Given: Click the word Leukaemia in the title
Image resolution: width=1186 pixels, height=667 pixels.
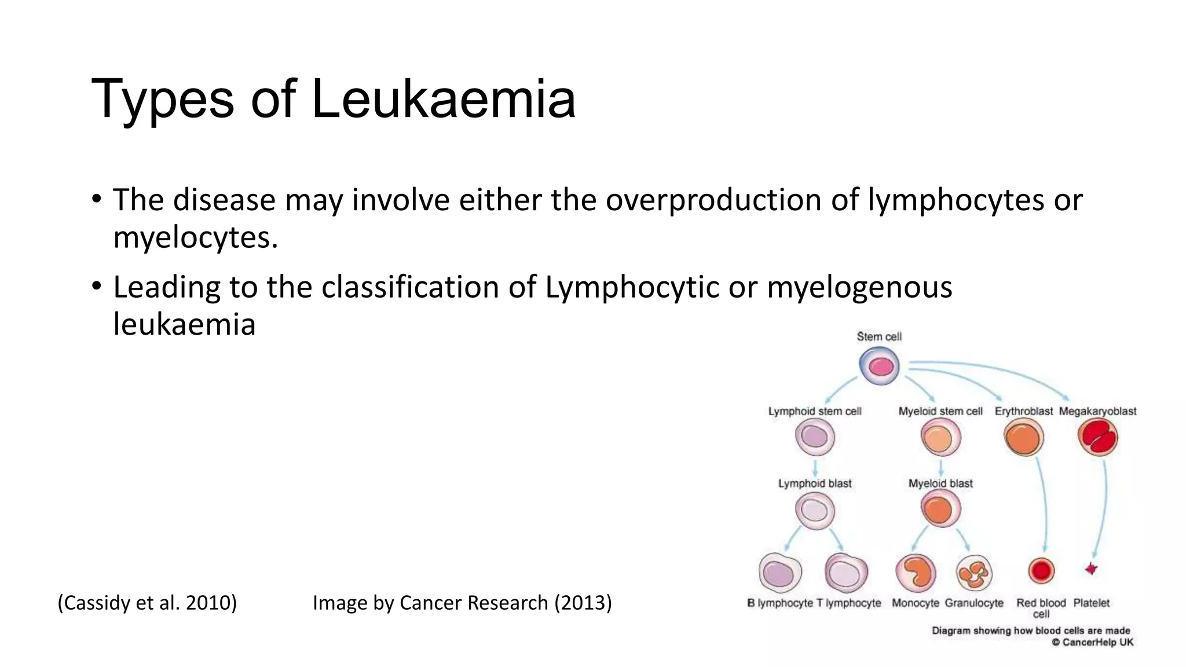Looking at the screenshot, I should tap(443, 99).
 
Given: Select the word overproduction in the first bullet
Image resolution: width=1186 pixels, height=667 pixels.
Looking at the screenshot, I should tap(713, 200).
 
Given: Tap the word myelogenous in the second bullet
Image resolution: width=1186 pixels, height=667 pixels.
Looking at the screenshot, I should tap(859, 287).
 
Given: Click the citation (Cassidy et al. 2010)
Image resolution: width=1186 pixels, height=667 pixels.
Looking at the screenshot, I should tap(147, 603).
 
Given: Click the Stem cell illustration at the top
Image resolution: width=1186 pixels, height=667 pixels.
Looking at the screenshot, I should tap(879, 367).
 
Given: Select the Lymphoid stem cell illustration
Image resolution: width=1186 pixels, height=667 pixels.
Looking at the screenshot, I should tap(815, 437).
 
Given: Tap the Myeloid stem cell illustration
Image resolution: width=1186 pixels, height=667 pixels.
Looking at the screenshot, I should tap(940, 438).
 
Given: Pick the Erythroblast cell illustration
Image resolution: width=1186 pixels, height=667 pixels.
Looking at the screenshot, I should tap(1023, 438).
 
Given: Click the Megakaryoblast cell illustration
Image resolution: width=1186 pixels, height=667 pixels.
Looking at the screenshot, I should tap(1098, 438).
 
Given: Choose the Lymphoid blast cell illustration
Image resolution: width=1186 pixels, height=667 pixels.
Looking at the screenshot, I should tap(815, 511).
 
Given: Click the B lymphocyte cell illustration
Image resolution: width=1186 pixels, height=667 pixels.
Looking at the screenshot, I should tap(780, 573).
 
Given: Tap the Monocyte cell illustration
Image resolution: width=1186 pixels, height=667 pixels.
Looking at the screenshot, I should tap(916, 573).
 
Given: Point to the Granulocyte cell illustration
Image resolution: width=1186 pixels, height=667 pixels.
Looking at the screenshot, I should tap(974, 573).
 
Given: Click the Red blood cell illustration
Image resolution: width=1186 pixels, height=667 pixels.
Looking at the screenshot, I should tap(1041, 571).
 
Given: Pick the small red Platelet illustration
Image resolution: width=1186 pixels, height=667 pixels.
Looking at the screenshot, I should tap(1091, 569).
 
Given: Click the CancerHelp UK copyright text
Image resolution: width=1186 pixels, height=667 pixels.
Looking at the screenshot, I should tap(1093, 642).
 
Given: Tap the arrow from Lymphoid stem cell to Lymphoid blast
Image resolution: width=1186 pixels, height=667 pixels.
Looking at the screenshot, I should tap(815, 467).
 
